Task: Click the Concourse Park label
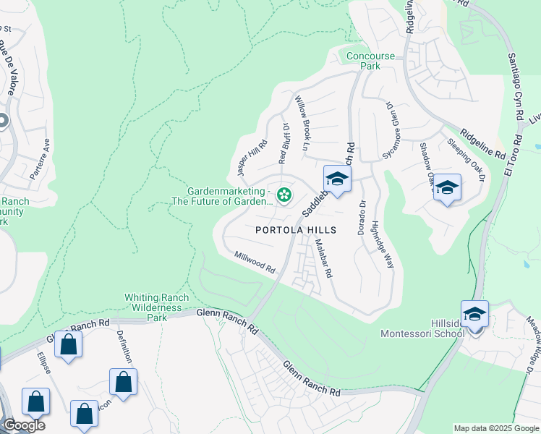click(370, 61)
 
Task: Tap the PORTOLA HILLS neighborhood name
click(296, 230)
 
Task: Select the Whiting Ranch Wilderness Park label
click(157, 307)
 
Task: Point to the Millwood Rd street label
click(255, 262)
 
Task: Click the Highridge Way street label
click(383, 244)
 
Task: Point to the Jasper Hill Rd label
click(242, 158)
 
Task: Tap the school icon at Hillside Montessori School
click(474, 315)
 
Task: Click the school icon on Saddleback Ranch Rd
click(337, 179)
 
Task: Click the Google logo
click(24, 425)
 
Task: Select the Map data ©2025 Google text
click(496, 428)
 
